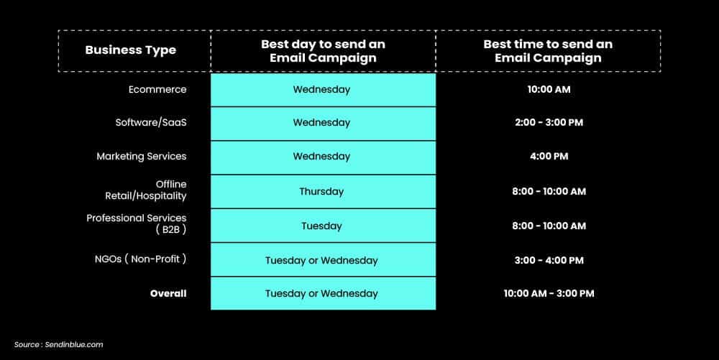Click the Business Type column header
[130, 50]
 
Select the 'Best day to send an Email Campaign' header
[323, 51]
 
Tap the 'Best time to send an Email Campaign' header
[548, 51]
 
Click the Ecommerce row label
[157, 90]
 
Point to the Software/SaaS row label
[151, 123]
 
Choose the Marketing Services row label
[142, 157]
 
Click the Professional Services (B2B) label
[137, 223]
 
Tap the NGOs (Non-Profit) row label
[142, 259]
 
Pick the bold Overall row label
[168, 293]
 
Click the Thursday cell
[321, 192]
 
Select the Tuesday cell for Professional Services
[321, 226]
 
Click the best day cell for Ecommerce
[321, 90]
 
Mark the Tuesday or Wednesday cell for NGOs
[321, 260]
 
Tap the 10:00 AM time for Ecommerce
[549, 90]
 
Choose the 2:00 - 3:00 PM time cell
[549, 123]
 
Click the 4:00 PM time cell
[549, 157]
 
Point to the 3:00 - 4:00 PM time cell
[549, 260]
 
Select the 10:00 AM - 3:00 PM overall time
[549, 293]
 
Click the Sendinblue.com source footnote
[59, 345]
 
